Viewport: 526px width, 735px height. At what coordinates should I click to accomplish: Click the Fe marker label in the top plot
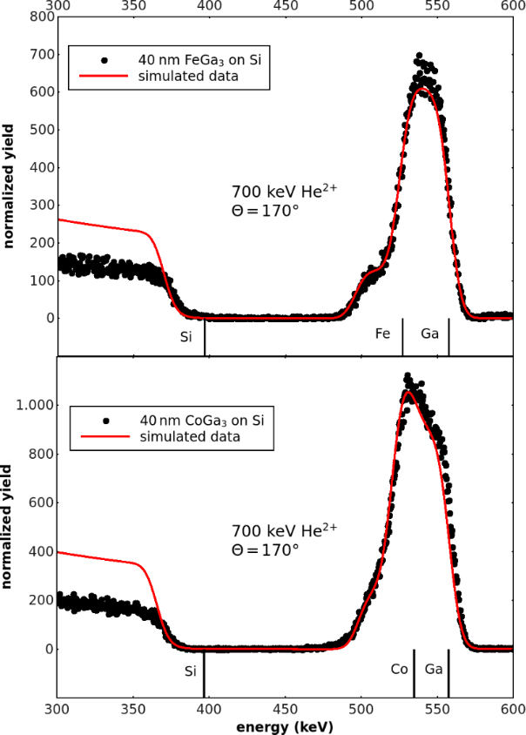pos(382,334)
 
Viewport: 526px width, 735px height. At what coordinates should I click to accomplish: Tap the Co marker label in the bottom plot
pos(400,670)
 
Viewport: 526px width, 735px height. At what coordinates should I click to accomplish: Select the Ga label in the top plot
pos(430,334)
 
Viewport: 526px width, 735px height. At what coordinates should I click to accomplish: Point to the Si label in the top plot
pos(185,336)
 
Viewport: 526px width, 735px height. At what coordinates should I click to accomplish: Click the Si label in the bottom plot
pos(191,671)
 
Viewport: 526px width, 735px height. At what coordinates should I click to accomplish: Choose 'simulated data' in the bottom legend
pos(190,436)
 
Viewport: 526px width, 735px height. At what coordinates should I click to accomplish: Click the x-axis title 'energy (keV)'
pos(284,725)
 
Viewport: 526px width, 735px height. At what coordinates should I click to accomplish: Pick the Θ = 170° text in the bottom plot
pos(265,550)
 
